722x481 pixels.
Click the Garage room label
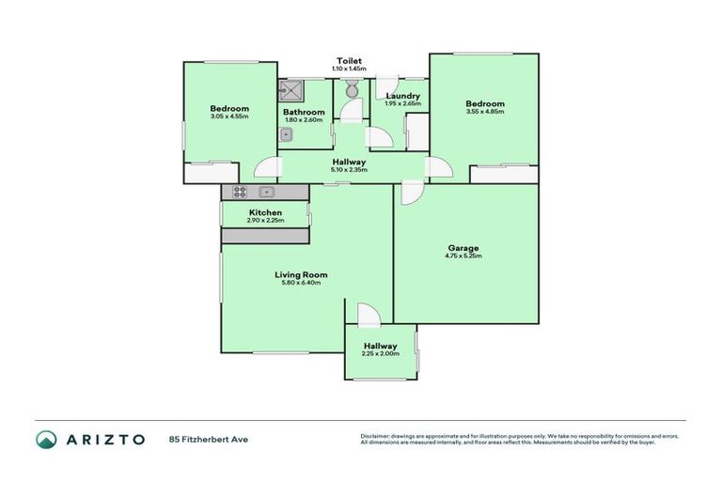(465, 248)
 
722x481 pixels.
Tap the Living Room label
(301, 274)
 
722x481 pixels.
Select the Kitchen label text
(265, 212)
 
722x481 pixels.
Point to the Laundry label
(402, 96)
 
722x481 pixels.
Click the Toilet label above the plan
(350, 61)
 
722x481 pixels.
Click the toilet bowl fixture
(351, 91)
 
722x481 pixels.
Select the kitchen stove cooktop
(239, 192)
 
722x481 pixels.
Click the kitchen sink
(267, 192)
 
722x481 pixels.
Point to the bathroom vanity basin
(286, 134)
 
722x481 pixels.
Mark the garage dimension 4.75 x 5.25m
(465, 256)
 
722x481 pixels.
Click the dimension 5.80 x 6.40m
(301, 283)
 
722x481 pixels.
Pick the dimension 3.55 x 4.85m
(485, 112)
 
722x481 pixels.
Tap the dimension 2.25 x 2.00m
(381, 354)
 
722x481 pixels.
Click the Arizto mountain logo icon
(46, 439)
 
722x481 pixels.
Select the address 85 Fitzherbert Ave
(209, 439)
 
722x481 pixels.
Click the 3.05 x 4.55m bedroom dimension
(229, 116)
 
